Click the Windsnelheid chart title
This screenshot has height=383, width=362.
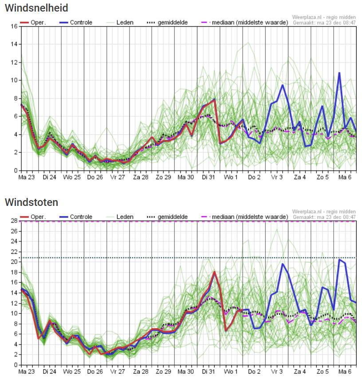click(x=36, y=8)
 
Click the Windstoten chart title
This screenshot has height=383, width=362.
click(x=31, y=202)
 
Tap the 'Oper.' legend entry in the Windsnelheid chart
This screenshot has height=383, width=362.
click(x=33, y=23)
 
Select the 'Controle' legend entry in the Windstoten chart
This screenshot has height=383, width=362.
click(x=76, y=217)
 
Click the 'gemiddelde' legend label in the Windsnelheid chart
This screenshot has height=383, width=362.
click(x=173, y=23)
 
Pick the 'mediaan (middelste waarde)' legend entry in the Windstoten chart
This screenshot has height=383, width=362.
click(x=244, y=217)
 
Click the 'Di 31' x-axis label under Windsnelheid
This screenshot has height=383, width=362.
click(x=208, y=178)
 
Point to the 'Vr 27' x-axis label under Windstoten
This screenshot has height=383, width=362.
click(x=118, y=372)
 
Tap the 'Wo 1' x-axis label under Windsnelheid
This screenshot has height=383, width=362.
click(x=231, y=178)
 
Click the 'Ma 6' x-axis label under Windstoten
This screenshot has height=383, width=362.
click(x=345, y=372)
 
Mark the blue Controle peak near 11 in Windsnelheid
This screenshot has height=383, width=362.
click(x=339, y=73)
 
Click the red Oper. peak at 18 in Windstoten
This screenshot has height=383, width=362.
click(x=214, y=272)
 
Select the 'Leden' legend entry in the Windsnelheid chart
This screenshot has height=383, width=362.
click(x=120, y=23)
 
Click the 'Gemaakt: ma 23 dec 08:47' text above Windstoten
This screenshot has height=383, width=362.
click(x=324, y=217)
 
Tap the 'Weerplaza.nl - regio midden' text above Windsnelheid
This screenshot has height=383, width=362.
click(x=324, y=17)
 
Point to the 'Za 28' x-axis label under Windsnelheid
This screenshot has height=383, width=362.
click(x=141, y=178)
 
